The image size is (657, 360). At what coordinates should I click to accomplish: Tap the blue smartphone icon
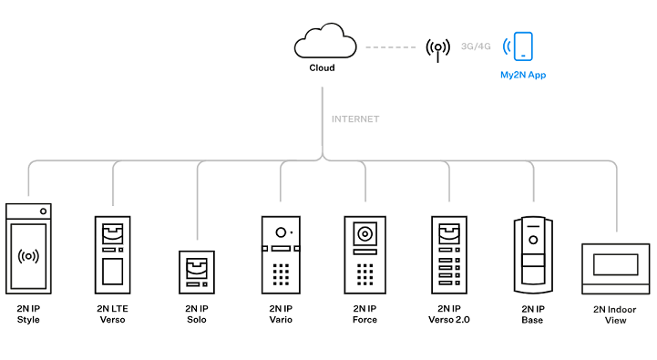[x=522, y=46]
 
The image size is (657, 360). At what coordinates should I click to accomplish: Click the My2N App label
[x=522, y=75]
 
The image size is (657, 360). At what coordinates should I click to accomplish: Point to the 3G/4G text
[x=477, y=45]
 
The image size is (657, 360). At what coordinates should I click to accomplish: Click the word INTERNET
[x=354, y=119]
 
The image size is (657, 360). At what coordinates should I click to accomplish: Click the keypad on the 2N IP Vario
[x=281, y=273]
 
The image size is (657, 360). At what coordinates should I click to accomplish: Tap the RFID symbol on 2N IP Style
[x=28, y=257]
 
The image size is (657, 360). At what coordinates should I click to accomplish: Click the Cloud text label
[x=322, y=68]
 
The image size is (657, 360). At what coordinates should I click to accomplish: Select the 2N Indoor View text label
[x=616, y=314]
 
